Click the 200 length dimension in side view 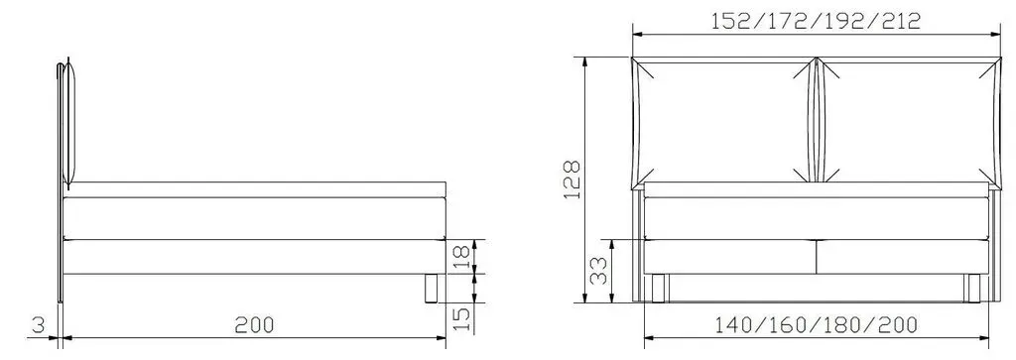254,325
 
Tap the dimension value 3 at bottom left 39,325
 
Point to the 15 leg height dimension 461,318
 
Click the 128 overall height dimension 571,180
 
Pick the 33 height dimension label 598,270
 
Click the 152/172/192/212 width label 816,22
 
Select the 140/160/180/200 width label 816,325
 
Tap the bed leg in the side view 431,289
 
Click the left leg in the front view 659,289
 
